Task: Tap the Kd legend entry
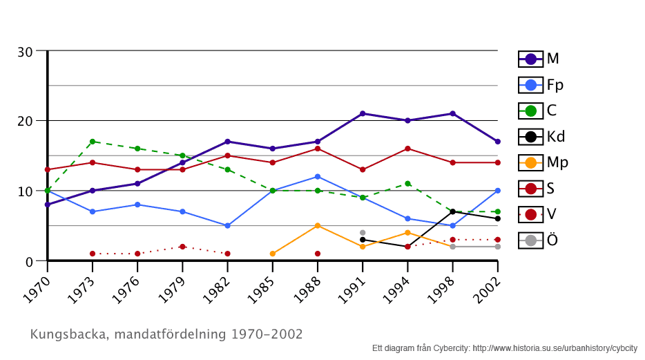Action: (541, 136)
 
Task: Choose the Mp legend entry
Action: (543, 162)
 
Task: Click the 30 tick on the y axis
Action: (26, 51)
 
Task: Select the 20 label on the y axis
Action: (26, 121)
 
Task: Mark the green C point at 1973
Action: (93, 142)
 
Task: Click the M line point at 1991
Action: (363, 113)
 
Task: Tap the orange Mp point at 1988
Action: (318, 225)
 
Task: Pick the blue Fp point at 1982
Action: (227, 225)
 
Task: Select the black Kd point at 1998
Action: (452, 211)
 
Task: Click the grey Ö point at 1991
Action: (363, 233)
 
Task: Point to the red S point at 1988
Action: (318, 149)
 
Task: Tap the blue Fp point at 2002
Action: (497, 191)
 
